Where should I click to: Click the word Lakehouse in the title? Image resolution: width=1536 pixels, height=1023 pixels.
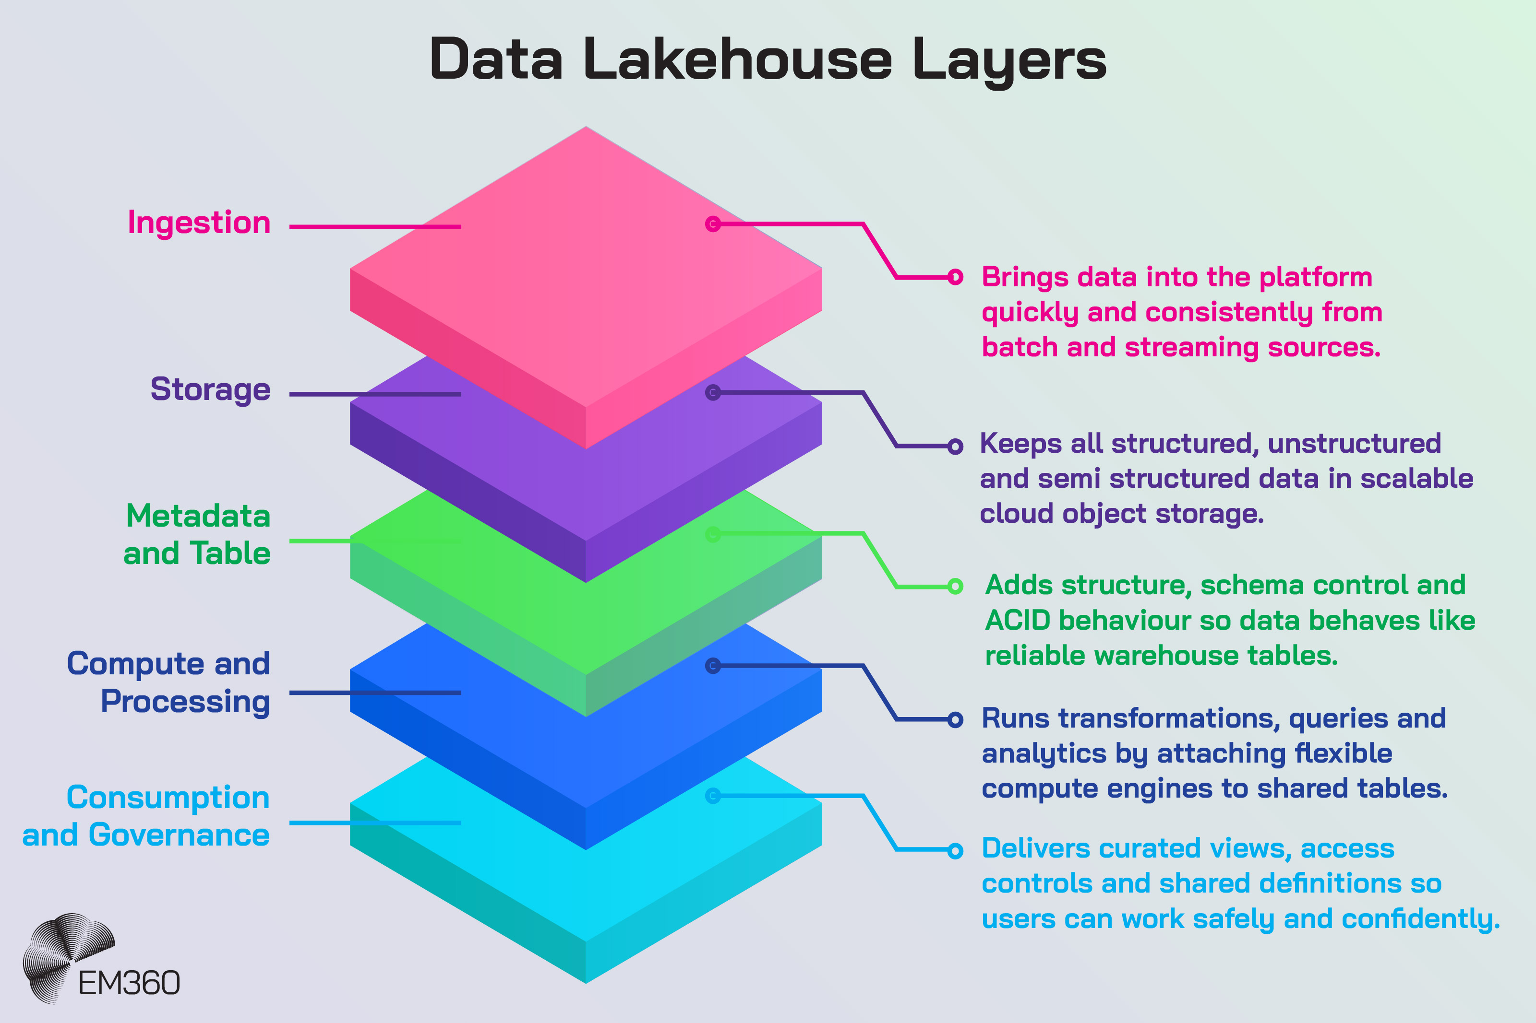click(x=738, y=60)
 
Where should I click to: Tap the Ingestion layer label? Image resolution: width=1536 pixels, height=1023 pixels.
click(x=199, y=223)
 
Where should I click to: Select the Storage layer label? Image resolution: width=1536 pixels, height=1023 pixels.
click(x=210, y=389)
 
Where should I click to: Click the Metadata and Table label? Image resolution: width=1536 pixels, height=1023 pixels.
click(x=197, y=534)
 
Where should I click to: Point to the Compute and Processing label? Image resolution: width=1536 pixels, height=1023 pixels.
click(x=169, y=682)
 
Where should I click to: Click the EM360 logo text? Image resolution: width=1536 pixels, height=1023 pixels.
click(x=129, y=983)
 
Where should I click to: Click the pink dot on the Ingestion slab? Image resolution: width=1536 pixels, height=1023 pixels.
click(x=713, y=224)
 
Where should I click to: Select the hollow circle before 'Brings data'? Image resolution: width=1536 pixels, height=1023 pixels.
click(x=955, y=277)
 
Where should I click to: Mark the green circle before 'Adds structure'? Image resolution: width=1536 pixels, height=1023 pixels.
click(x=955, y=586)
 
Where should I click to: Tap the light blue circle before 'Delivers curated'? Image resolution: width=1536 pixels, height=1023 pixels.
click(x=955, y=850)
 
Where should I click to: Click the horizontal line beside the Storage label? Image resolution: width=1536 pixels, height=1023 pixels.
click(x=375, y=394)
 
